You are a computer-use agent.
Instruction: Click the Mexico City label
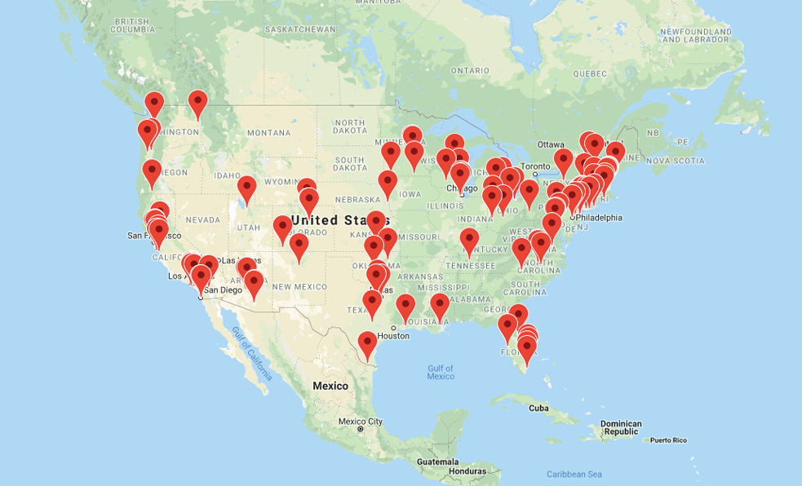click(x=360, y=421)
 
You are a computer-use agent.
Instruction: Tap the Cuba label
click(x=538, y=408)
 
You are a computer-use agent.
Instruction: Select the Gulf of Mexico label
click(x=440, y=372)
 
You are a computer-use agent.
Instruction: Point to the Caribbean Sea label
click(x=574, y=474)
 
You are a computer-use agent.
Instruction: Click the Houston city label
click(x=392, y=335)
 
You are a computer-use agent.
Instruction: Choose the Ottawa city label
click(x=551, y=144)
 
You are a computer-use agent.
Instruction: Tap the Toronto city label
click(x=536, y=166)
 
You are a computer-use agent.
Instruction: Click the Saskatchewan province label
click(x=299, y=29)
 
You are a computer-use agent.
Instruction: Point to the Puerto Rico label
click(x=668, y=440)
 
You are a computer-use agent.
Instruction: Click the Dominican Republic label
click(x=620, y=427)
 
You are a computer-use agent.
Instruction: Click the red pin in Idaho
click(x=246, y=189)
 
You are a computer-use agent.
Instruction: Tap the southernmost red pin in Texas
click(x=368, y=345)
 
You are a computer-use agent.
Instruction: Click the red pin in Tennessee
click(x=469, y=241)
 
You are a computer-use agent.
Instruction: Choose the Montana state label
click(x=268, y=132)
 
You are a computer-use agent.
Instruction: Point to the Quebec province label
click(x=591, y=73)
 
